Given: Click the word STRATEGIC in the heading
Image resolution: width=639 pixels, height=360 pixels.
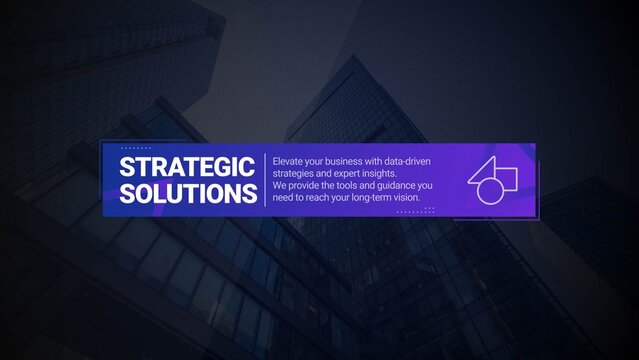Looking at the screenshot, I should point(187,165).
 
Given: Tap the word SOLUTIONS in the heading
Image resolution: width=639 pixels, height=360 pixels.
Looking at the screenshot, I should point(187,192).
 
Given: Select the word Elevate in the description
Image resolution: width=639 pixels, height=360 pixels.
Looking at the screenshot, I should point(289,160).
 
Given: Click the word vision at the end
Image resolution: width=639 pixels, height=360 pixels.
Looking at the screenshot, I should point(408,197).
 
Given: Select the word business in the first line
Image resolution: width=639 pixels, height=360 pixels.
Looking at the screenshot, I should point(343,160).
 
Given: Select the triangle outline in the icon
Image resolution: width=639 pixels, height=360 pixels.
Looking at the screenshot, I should point(483,171).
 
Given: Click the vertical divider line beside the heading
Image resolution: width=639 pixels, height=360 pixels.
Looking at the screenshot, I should point(265,179).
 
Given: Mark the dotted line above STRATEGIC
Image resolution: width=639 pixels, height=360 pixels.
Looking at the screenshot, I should point(135,148).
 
